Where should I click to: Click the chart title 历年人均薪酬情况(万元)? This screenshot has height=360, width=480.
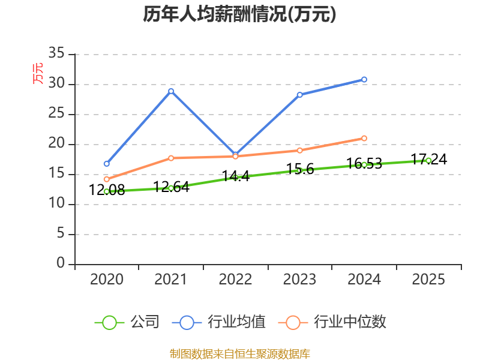click(239, 14)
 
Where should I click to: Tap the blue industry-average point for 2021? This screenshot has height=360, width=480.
click(171, 91)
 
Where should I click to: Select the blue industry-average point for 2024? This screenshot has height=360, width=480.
click(364, 80)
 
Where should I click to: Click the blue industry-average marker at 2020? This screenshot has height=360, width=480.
click(107, 164)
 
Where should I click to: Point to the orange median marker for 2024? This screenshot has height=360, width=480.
click(364, 139)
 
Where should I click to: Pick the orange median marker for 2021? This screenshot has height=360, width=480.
click(171, 158)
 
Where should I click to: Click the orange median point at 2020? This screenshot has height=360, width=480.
click(107, 179)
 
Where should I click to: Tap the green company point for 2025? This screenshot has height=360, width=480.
click(428, 161)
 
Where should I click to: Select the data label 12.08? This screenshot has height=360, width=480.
click(107, 190)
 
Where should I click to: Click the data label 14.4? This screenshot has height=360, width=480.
click(235, 176)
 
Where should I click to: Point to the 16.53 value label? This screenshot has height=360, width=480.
click(364, 163)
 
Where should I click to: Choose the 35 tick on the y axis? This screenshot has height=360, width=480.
click(56, 53)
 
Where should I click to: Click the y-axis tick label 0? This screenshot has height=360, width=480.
click(61, 263)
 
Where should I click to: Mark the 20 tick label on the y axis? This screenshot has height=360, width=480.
click(56, 143)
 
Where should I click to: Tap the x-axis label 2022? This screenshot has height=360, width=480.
click(235, 279)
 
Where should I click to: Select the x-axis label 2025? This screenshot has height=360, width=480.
click(428, 279)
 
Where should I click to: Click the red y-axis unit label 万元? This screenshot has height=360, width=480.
click(38, 73)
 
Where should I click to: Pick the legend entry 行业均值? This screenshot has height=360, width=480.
click(218, 322)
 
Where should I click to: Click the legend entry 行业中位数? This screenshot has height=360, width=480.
click(332, 322)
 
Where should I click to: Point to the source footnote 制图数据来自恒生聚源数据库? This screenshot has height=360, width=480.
click(239, 354)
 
